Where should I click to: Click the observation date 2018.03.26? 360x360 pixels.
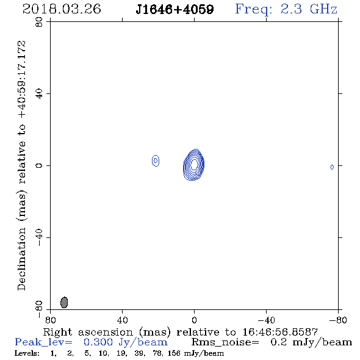click(62, 9)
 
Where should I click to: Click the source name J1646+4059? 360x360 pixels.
click(175, 9)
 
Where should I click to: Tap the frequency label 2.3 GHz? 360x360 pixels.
click(309, 9)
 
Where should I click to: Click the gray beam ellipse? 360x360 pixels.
click(64, 303)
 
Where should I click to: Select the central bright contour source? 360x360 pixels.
click(193, 165)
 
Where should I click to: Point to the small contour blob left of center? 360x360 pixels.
click(156, 160)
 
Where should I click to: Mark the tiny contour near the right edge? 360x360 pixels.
click(332, 167)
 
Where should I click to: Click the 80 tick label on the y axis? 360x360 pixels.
click(39, 22)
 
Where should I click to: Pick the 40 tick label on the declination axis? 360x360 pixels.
click(39, 94)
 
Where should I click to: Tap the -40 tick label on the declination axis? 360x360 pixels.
click(39, 237)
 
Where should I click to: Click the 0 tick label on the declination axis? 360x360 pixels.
click(39, 165)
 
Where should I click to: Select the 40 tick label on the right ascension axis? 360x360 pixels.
click(122, 320)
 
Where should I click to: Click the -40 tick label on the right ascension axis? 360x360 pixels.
click(266, 320)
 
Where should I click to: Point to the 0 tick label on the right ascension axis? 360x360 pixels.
click(194, 320)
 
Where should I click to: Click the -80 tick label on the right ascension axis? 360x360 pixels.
click(338, 320)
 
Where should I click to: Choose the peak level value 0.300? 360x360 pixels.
click(98, 342)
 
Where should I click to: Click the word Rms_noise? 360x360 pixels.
click(225, 342)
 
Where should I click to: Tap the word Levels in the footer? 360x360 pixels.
click(27, 353)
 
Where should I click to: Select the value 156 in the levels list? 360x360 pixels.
click(174, 353)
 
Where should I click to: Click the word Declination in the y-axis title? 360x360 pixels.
click(21, 259)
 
